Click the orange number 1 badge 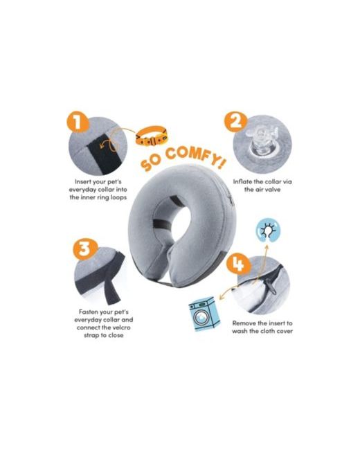(x=78, y=121)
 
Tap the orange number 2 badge (x=235, y=122)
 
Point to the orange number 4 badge (x=238, y=264)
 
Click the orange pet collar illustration (x=152, y=136)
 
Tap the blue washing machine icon (x=204, y=314)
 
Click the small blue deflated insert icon (x=267, y=231)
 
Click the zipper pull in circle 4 (x=271, y=287)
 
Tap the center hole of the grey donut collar (x=179, y=221)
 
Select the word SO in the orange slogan (x=152, y=163)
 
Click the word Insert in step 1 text (x=82, y=181)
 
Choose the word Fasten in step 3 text (x=89, y=312)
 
